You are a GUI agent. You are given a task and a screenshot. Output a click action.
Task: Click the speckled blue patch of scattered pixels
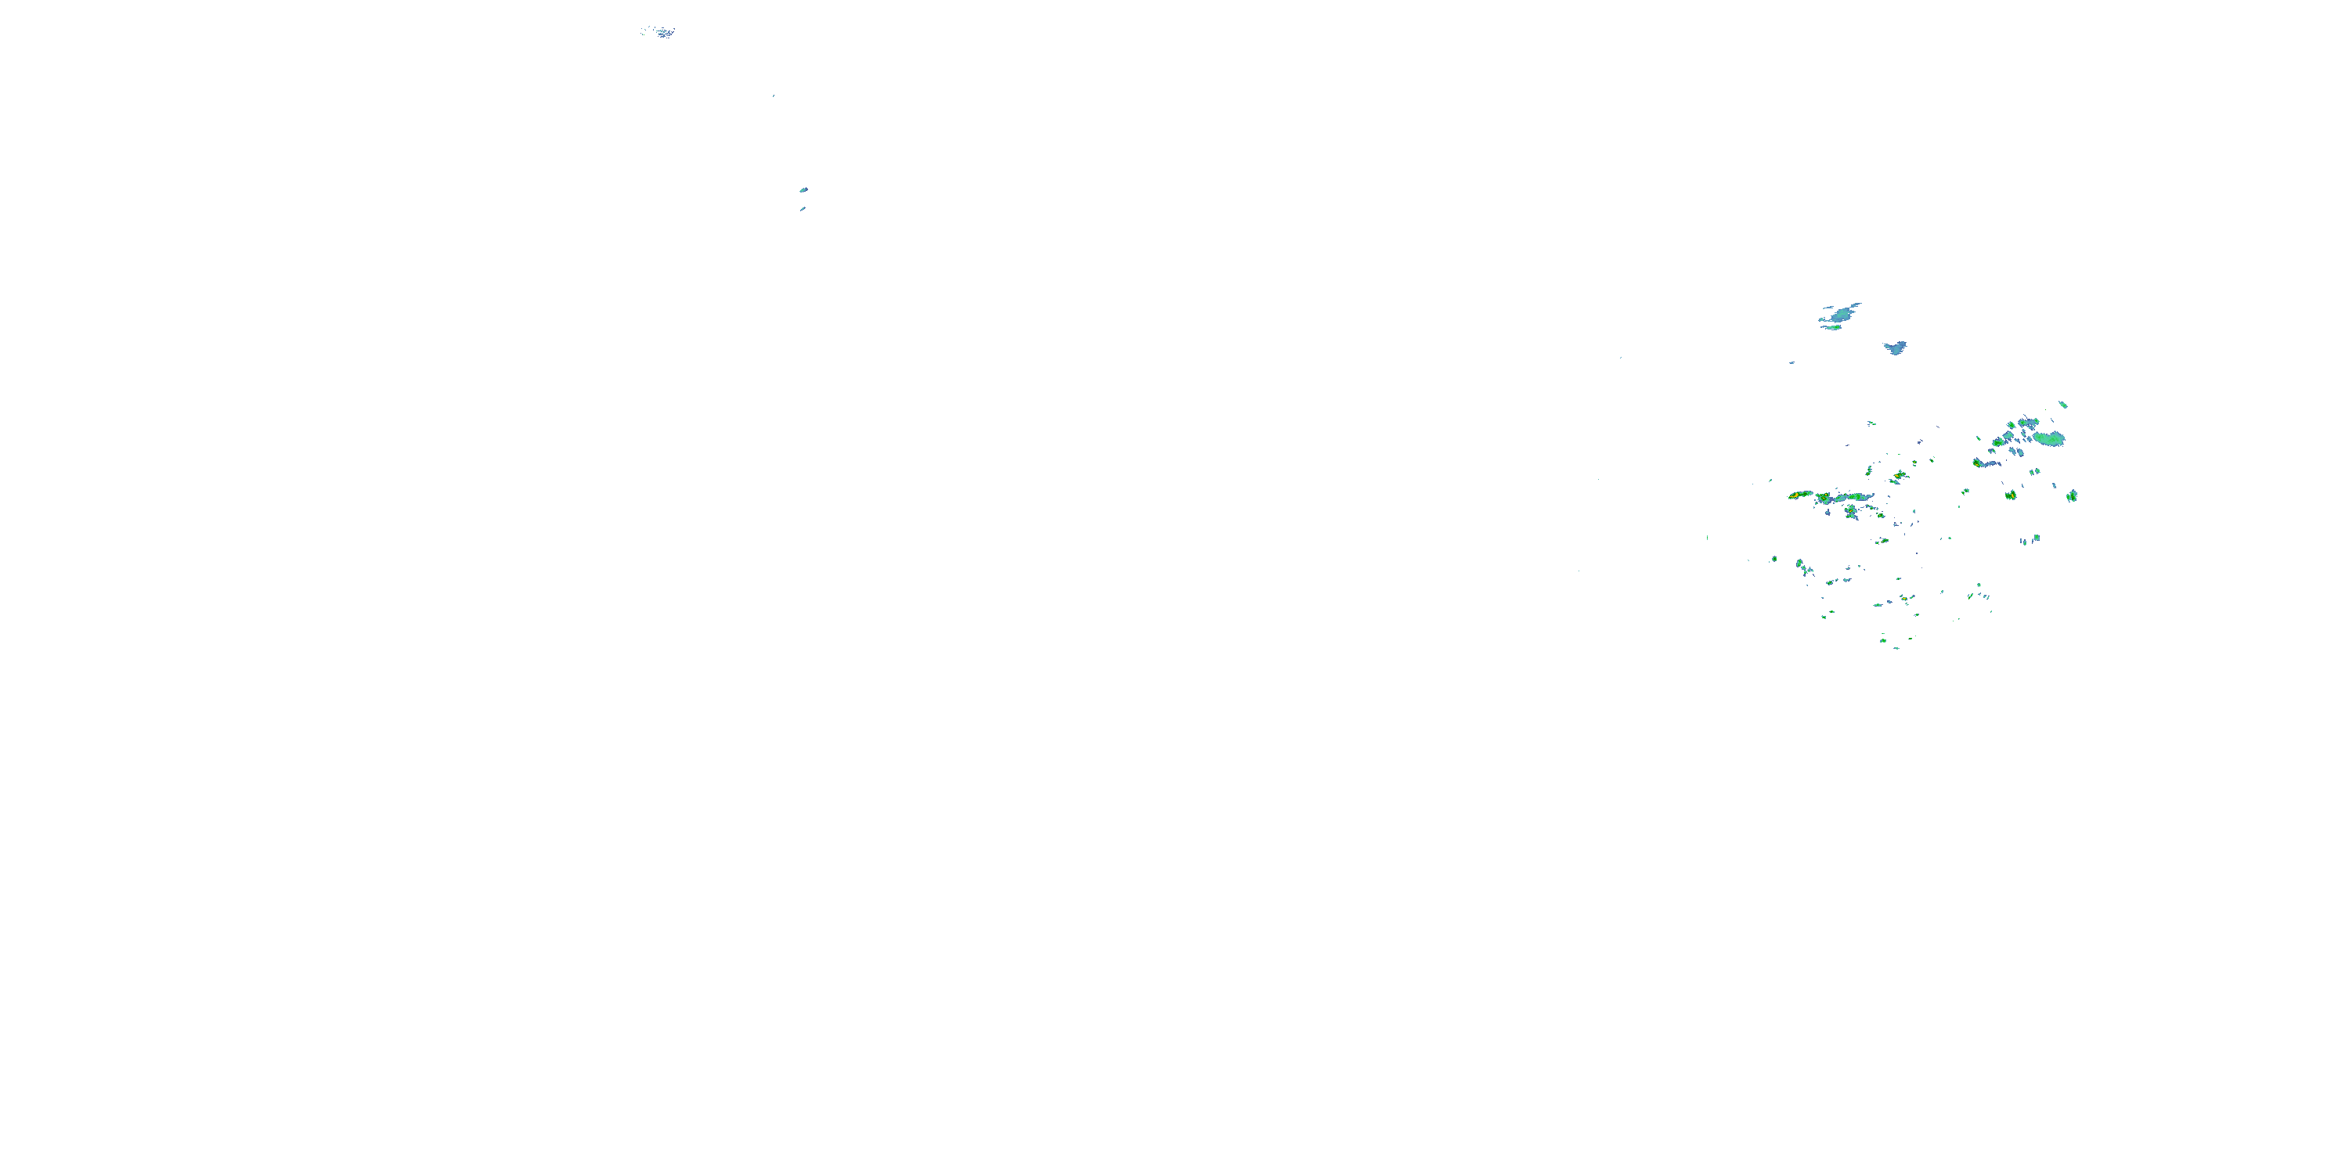click(x=659, y=32)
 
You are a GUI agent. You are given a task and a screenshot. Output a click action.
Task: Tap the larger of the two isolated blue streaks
click(x=803, y=189)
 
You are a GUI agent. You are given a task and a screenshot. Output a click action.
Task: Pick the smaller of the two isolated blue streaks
click(x=803, y=209)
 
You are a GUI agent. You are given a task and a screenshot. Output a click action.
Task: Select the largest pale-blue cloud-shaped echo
click(x=1841, y=315)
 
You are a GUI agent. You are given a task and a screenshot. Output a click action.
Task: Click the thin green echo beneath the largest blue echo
click(x=1831, y=327)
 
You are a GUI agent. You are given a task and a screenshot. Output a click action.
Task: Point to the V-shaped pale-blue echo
click(x=1896, y=348)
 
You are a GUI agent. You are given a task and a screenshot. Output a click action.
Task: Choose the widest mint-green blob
click(x=2049, y=438)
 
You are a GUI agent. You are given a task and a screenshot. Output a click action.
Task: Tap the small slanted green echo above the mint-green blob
click(x=2062, y=404)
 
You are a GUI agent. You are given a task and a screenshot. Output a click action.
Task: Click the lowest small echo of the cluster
click(x=1896, y=647)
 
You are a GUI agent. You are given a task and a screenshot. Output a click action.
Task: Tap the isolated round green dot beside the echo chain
click(x=1774, y=559)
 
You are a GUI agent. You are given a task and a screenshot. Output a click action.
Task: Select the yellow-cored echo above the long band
click(x=1900, y=476)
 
